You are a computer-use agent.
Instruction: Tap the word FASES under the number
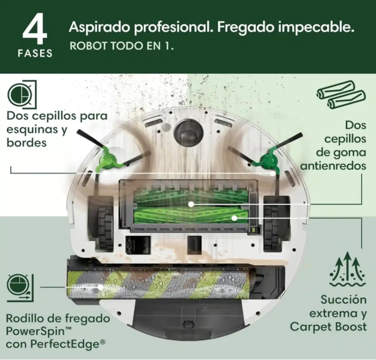click(35, 53)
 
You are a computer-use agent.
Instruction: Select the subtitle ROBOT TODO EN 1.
click(122, 46)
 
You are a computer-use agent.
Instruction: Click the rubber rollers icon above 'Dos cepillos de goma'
click(341, 95)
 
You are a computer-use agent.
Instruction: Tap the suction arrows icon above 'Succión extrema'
click(347, 269)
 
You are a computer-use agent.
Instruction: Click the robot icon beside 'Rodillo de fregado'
click(20, 288)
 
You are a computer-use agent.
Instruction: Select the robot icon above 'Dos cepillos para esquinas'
click(22, 95)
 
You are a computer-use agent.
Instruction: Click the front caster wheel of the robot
click(189, 131)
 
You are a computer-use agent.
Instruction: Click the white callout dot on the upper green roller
click(191, 204)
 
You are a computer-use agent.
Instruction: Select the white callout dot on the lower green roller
click(234, 218)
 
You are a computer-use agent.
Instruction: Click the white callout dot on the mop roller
click(100, 287)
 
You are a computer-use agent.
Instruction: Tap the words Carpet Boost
click(328, 327)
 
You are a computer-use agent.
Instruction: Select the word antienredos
click(333, 166)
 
